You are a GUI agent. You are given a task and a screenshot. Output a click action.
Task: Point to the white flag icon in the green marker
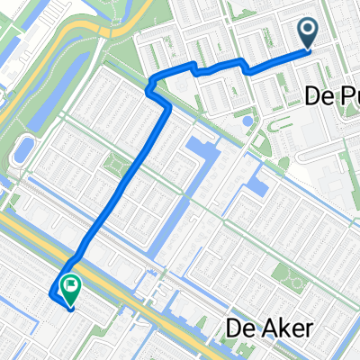tap(70, 284)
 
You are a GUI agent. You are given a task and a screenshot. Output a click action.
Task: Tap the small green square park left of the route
tap(115, 165)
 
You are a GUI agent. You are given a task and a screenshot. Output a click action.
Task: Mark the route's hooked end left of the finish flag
tap(50, 294)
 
